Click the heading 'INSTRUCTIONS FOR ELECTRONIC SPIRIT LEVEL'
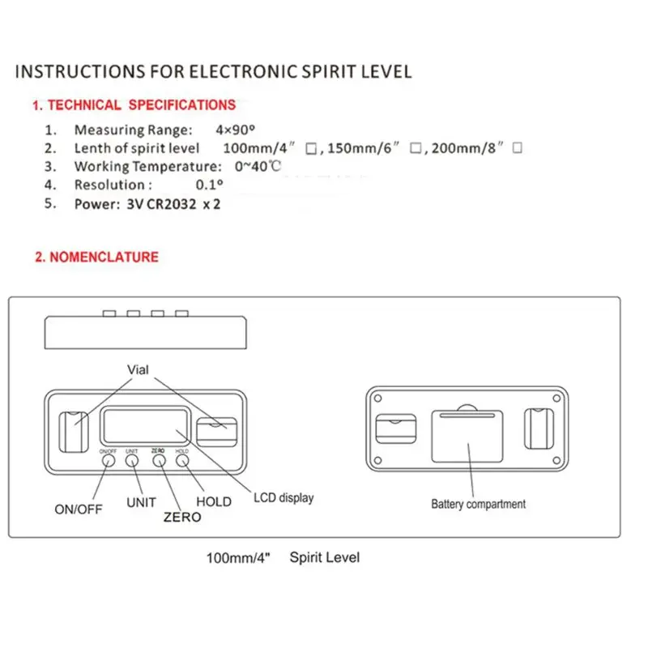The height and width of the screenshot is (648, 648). [214, 71]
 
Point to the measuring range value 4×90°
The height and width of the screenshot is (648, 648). [238, 130]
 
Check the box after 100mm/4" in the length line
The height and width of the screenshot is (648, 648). [310, 149]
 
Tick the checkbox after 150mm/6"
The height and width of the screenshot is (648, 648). [415, 149]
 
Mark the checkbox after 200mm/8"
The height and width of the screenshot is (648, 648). [517, 148]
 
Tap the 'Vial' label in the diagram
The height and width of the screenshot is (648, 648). [139, 369]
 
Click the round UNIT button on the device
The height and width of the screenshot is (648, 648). [132, 460]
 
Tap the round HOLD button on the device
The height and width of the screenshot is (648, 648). [182, 460]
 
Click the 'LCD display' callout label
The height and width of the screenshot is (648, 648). [283, 497]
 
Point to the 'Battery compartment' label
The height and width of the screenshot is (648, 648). [478, 504]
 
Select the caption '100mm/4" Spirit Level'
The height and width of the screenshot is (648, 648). [283, 558]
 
